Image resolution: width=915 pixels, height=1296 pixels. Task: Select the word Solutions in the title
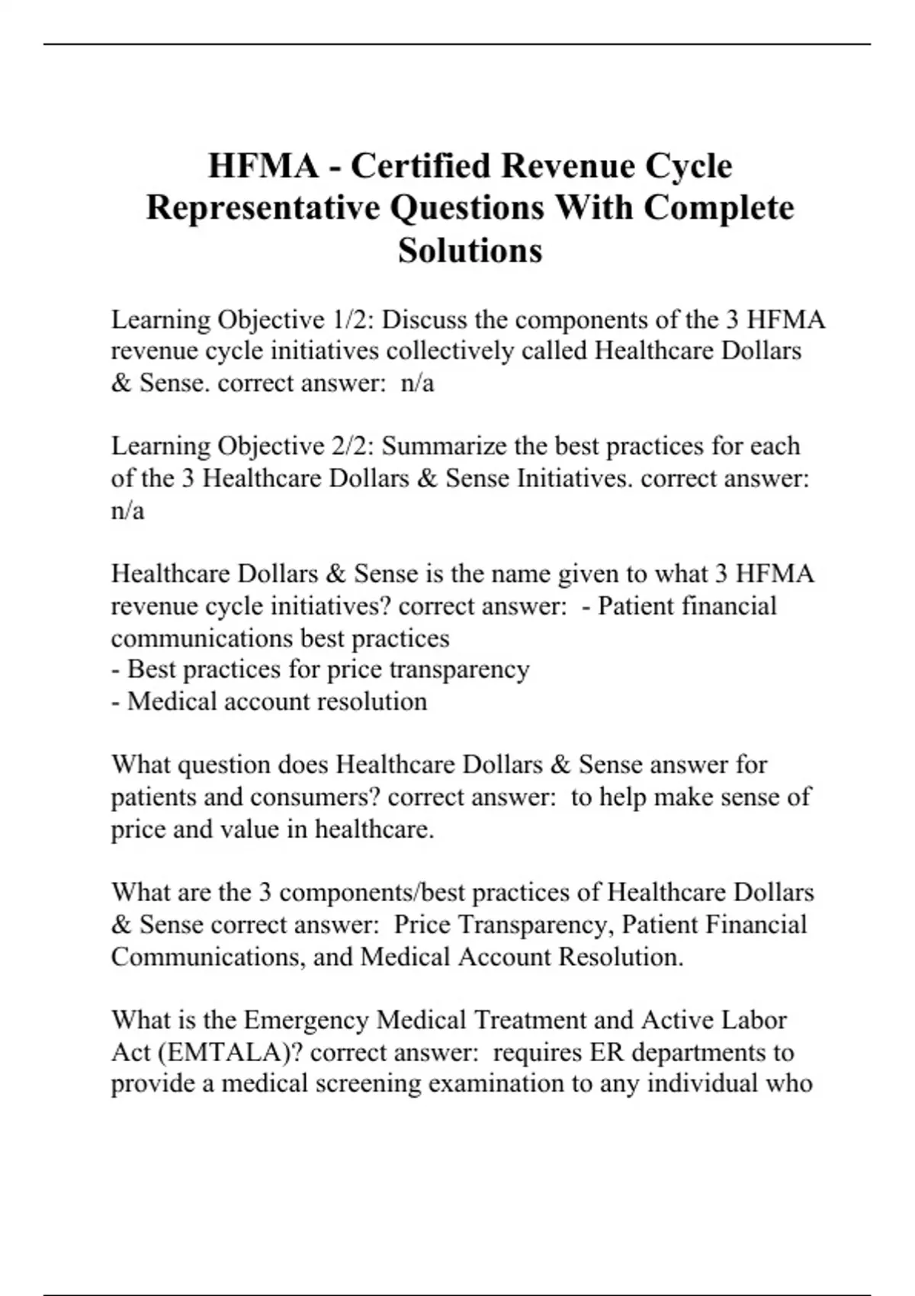tap(470, 249)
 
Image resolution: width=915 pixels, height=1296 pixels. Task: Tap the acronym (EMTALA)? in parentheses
tap(230, 1052)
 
